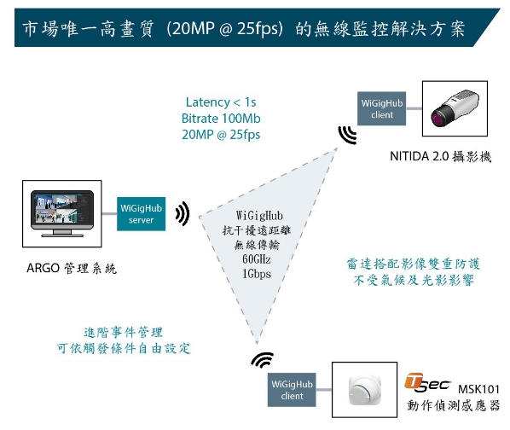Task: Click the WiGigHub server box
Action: pos(141,213)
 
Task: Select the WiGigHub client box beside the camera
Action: pos(381,108)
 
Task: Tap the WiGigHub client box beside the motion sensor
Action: pos(292,390)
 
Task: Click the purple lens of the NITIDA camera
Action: pos(438,116)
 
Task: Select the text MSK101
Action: pos(478,389)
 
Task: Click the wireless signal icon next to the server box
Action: pos(183,213)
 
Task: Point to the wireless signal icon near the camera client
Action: pos(347,135)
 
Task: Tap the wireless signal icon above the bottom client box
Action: pos(263,359)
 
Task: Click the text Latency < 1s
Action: pos(221,102)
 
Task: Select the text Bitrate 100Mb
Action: pos(221,119)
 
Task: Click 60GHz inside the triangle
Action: pos(257,259)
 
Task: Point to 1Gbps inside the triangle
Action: pos(257,274)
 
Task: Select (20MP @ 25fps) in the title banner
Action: pos(224,29)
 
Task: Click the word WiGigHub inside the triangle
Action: pos(259,216)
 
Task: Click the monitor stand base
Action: pos(61,235)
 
